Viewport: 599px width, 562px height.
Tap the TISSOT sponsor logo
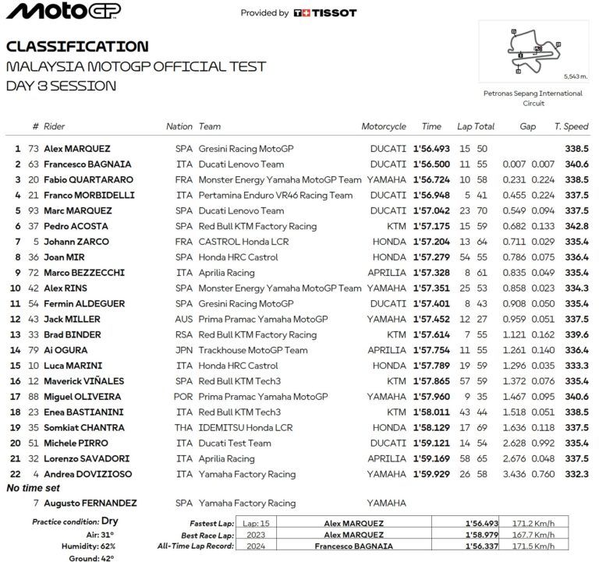[325, 12]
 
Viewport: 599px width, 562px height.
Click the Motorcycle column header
[384, 126]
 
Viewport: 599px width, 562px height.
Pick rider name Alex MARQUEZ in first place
[76, 149]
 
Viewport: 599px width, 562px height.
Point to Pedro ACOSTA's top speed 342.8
[576, 226]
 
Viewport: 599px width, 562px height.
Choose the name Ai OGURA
[66, 351]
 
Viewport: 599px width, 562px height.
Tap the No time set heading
[34, 488]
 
